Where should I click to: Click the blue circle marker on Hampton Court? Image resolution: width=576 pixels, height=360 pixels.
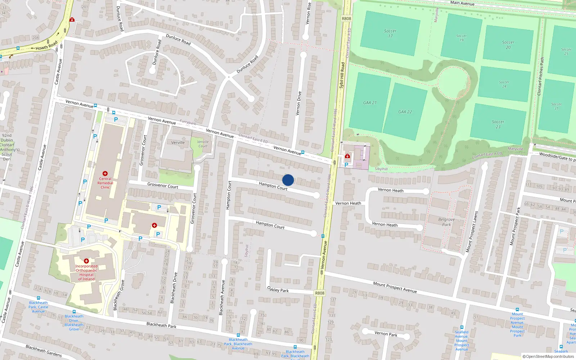click(x=288, y=180)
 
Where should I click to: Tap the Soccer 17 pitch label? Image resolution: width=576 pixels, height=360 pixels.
click(x=390, y=33)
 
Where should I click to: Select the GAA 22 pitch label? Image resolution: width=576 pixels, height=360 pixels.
click(x=405, y=112)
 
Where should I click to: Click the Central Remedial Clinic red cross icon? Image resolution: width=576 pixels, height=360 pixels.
click(x=105, y=174)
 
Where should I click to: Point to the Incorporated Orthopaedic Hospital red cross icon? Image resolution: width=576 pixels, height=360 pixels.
click(x=86, y=261)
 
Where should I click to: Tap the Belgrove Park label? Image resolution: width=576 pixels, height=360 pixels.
click(x=446, y=222)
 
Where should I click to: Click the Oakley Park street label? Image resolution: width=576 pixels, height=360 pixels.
click(x=278, y=289)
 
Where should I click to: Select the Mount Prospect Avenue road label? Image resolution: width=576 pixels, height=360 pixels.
click(x=395, y=287)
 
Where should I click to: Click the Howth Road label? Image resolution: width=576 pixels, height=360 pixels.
click(x=46, y=45)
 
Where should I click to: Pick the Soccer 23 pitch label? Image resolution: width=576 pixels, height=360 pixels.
click(x=498, y=124)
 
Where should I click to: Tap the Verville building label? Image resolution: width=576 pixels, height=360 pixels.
click(x=178, y=143)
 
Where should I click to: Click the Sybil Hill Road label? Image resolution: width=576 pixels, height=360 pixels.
click(x=342, y=76)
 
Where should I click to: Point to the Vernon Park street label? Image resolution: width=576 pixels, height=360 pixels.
click(x=386, y=334)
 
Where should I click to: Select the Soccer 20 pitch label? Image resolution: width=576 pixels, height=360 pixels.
click(x=508, y=45)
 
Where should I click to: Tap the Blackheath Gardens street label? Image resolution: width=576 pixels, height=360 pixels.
click(x=44, y=351)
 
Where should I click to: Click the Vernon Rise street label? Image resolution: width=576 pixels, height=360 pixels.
click(x=308, y=13)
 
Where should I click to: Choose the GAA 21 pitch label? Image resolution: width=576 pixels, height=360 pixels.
click(x=370, y=103)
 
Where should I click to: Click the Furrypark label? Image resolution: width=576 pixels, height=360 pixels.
click(x=188, y=122)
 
